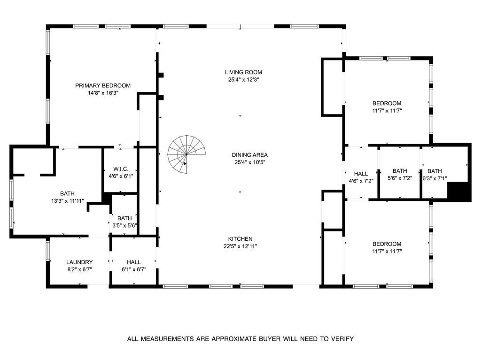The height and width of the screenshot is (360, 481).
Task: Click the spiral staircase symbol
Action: [186, 154]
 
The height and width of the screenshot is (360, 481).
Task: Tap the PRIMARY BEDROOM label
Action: [103, 85]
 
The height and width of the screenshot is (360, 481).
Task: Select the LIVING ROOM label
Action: [243, 72]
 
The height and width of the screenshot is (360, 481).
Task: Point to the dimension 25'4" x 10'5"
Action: [243, 162]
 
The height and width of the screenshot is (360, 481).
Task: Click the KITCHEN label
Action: [240, 239]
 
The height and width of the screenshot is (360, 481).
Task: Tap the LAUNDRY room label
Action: [79, 262]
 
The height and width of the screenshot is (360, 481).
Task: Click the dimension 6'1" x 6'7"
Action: [133, 269]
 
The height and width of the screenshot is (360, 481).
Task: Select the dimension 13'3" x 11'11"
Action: [67, 201]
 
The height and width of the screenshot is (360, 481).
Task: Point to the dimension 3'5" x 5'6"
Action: [124, 226]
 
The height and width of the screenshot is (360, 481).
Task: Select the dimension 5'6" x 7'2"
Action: [400, 178]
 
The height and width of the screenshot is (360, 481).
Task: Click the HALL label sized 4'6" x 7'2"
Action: [361, 174]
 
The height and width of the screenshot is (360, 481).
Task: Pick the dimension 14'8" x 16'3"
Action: [103, 93]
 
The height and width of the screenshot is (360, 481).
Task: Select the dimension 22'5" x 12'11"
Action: [240, 246]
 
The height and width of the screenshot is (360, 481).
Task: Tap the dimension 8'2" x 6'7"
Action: [79, 269]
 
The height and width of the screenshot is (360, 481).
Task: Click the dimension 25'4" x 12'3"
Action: [243, 80]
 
